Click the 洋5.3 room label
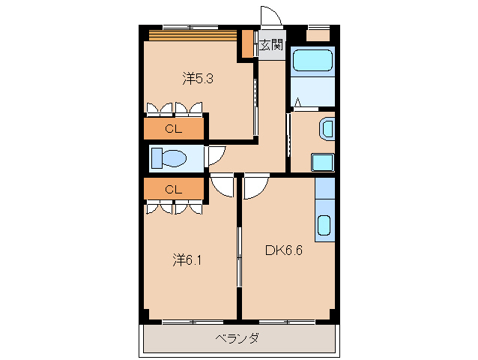click(199, 78)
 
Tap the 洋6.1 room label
click(188, 260)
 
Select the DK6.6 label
click(283, 250)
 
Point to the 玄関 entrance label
click(271, 45)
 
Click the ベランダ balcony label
click(237, 338)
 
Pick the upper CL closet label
click(174, 128)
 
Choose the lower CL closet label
click(174, 189)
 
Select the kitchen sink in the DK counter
click(324, 226)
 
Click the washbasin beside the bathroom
click(327, 128)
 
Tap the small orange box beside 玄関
click(248, 44)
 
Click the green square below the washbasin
click(323, 162)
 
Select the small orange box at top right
click(318, 34)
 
